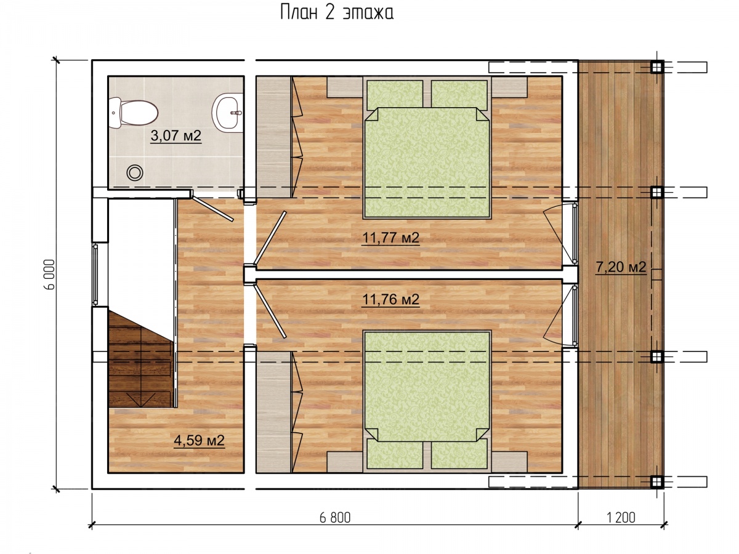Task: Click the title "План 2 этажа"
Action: point(337,14)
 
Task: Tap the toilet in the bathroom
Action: point(133,113)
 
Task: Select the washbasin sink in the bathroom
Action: point(228,113)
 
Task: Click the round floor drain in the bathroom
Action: point(135,172)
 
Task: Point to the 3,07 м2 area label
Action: point(176,136)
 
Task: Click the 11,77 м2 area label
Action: point(390,238)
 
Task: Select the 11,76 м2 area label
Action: point(390,299)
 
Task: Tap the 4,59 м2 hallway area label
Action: point(199,440)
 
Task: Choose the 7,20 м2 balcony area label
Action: point(621,267)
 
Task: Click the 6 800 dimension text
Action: point(335,518)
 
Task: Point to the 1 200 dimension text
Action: point(621,518)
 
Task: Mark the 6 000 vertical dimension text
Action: point(49,275)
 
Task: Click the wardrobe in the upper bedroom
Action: point(273,137)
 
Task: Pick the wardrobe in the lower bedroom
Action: point(273,412)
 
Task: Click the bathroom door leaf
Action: point(212,209)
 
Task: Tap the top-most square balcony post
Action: point(656,67)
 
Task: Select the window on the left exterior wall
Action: point(95,275)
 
